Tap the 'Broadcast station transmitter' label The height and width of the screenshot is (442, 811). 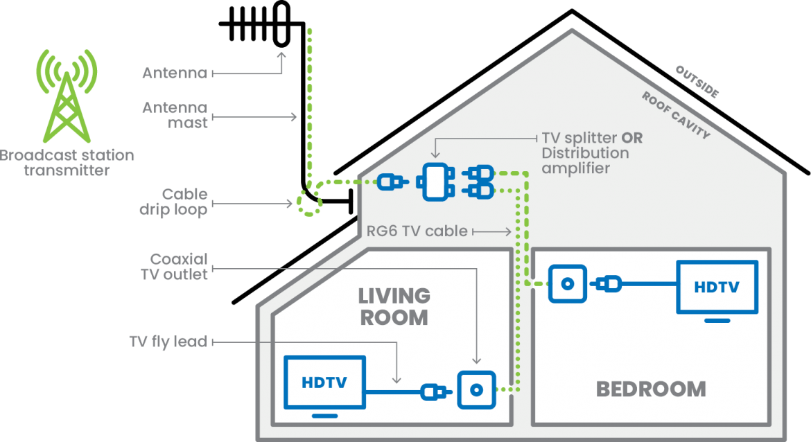tap(67, 162)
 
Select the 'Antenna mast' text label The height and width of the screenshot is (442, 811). tap(175, 115)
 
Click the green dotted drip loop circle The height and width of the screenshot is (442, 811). tap(309, 202)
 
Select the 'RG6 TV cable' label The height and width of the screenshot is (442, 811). tap(417, 231)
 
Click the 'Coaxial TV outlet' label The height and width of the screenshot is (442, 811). tap(179, 267)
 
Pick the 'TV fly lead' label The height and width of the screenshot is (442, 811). tap(168, 342)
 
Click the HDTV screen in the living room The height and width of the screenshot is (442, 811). tap(324, 382)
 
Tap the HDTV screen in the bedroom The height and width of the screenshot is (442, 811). tap(717, 286)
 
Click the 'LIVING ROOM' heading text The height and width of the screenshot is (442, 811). tap(394, 306)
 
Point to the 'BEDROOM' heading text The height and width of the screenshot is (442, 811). tap(651, 389)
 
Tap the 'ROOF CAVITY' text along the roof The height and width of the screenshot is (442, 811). tap(676, 115)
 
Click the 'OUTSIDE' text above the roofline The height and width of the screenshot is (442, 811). tap(697, 82)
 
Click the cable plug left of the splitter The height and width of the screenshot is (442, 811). tap(392, 183)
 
